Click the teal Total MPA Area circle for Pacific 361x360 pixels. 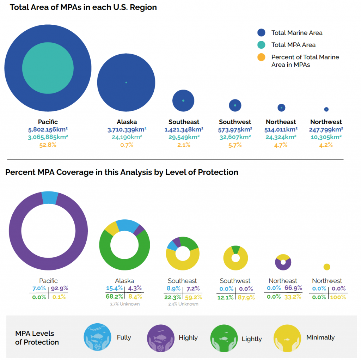(x=48, y=67)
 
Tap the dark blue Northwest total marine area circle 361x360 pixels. (x=326, y=109)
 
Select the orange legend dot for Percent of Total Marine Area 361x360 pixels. (x=261, y=57)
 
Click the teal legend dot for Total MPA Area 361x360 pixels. (x=261, y=45)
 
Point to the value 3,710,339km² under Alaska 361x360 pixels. (x=127, y=129)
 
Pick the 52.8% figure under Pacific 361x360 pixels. (x=48, y=145)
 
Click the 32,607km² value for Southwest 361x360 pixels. (x=235, y=137)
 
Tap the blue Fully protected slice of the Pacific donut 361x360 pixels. (x=50, y=197)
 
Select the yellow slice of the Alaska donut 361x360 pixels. (x=111, y=228)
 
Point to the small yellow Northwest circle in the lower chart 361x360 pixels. (x=327, y=267)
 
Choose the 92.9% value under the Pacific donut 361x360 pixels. (x=59, y=288)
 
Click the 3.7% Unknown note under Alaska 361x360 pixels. (x=124, y=304)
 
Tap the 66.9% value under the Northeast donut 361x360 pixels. (x=293, y=288)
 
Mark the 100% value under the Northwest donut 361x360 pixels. (x=338, y=297)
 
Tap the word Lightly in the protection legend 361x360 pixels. (x=252, y=339)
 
